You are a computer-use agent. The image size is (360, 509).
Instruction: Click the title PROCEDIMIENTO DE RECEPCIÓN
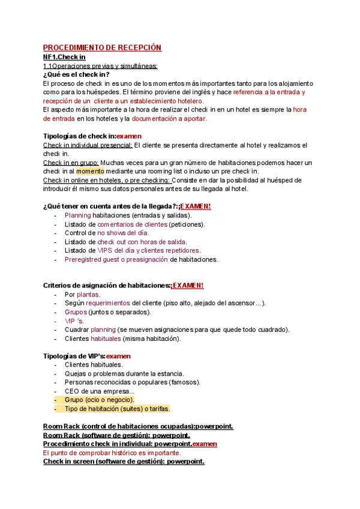click(103, 47)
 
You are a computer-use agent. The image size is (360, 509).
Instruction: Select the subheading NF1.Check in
click(64, 57)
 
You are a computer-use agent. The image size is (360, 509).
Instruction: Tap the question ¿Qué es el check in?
click(76, 74)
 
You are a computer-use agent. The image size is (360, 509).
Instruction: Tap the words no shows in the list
click(113, 233)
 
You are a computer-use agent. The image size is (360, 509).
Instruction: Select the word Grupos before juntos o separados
click(76, 312)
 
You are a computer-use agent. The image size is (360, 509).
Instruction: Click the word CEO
click(73, 391)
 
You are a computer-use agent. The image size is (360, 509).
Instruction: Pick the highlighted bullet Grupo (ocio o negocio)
click(100, 400)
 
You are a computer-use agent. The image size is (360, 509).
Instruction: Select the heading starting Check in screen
click(124, 462)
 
